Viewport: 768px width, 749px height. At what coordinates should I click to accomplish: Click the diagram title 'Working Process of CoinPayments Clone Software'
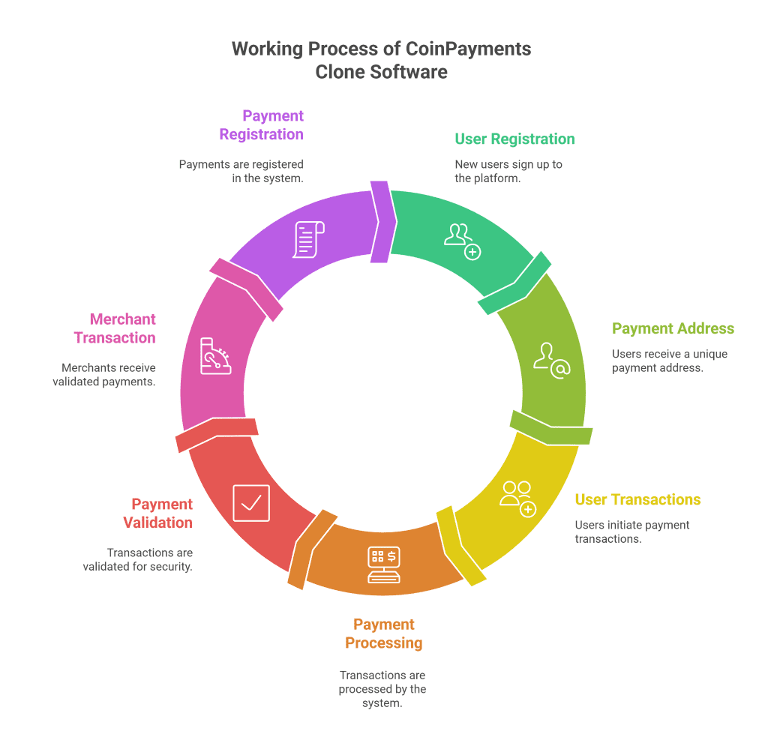(382, 61)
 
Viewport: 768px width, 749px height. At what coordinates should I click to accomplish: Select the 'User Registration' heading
(514, 139)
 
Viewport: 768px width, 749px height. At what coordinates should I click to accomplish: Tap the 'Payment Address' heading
(673, 328)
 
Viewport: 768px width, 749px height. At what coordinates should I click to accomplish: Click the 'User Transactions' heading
(637, 499)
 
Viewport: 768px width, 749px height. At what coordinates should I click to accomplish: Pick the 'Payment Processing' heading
(383, 634)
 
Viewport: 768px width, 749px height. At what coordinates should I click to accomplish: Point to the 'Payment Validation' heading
(162, 514)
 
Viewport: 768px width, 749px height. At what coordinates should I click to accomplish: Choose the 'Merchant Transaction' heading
(115, 328)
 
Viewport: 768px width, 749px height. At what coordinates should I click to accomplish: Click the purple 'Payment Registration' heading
(262, 125)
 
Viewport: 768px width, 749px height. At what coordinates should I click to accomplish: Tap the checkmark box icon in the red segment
(251, 502)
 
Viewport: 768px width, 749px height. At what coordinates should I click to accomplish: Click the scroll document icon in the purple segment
(307, 239)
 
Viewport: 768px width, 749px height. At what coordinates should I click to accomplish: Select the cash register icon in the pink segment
(215, 356)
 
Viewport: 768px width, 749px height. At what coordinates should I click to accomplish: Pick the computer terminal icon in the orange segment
(383, 565)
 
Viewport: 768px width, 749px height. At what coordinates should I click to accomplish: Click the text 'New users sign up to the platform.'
(508, 172)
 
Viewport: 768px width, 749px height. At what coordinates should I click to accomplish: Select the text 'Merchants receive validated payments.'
(104, 375)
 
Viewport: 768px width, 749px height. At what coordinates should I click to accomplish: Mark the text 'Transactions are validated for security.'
(138, 559)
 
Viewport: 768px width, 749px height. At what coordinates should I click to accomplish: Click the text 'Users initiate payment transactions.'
(632, 532)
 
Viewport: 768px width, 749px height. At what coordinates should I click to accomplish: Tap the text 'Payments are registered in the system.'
(241, 172)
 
